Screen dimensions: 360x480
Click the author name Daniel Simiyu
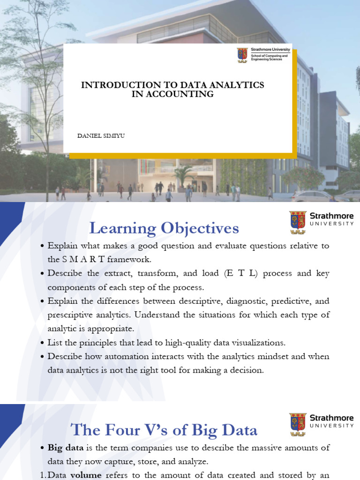[101, 135]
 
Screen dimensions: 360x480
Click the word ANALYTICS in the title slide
[237, 85]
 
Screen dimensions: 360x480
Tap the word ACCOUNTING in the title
[180, 94]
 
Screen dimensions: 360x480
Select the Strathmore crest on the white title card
[242, 55]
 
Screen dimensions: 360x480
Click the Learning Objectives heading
[164, 229]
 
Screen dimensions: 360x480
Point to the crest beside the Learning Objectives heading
[298, 222]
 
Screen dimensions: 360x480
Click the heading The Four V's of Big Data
[164, 430]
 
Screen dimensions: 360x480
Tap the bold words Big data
[66, 448]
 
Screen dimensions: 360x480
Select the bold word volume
[86, 475]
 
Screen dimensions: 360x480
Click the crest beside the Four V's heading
[298, 424]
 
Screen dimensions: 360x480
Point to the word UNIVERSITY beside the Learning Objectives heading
[331, 224]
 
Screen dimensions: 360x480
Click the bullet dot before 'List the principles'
[43, 343]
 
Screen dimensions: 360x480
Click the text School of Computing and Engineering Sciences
[270, 58]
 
